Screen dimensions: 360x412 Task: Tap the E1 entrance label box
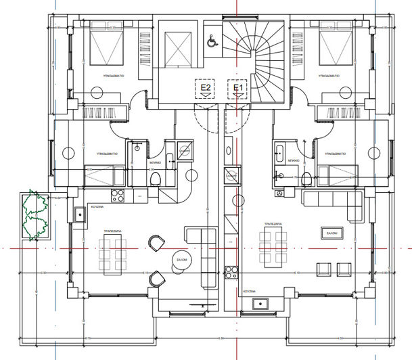237,87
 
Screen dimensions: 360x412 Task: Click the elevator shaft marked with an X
175,47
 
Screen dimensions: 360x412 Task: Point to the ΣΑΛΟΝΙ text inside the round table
181,259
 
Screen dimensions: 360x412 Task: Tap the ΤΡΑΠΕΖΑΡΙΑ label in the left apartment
112,231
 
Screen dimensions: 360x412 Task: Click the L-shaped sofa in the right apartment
335,203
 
